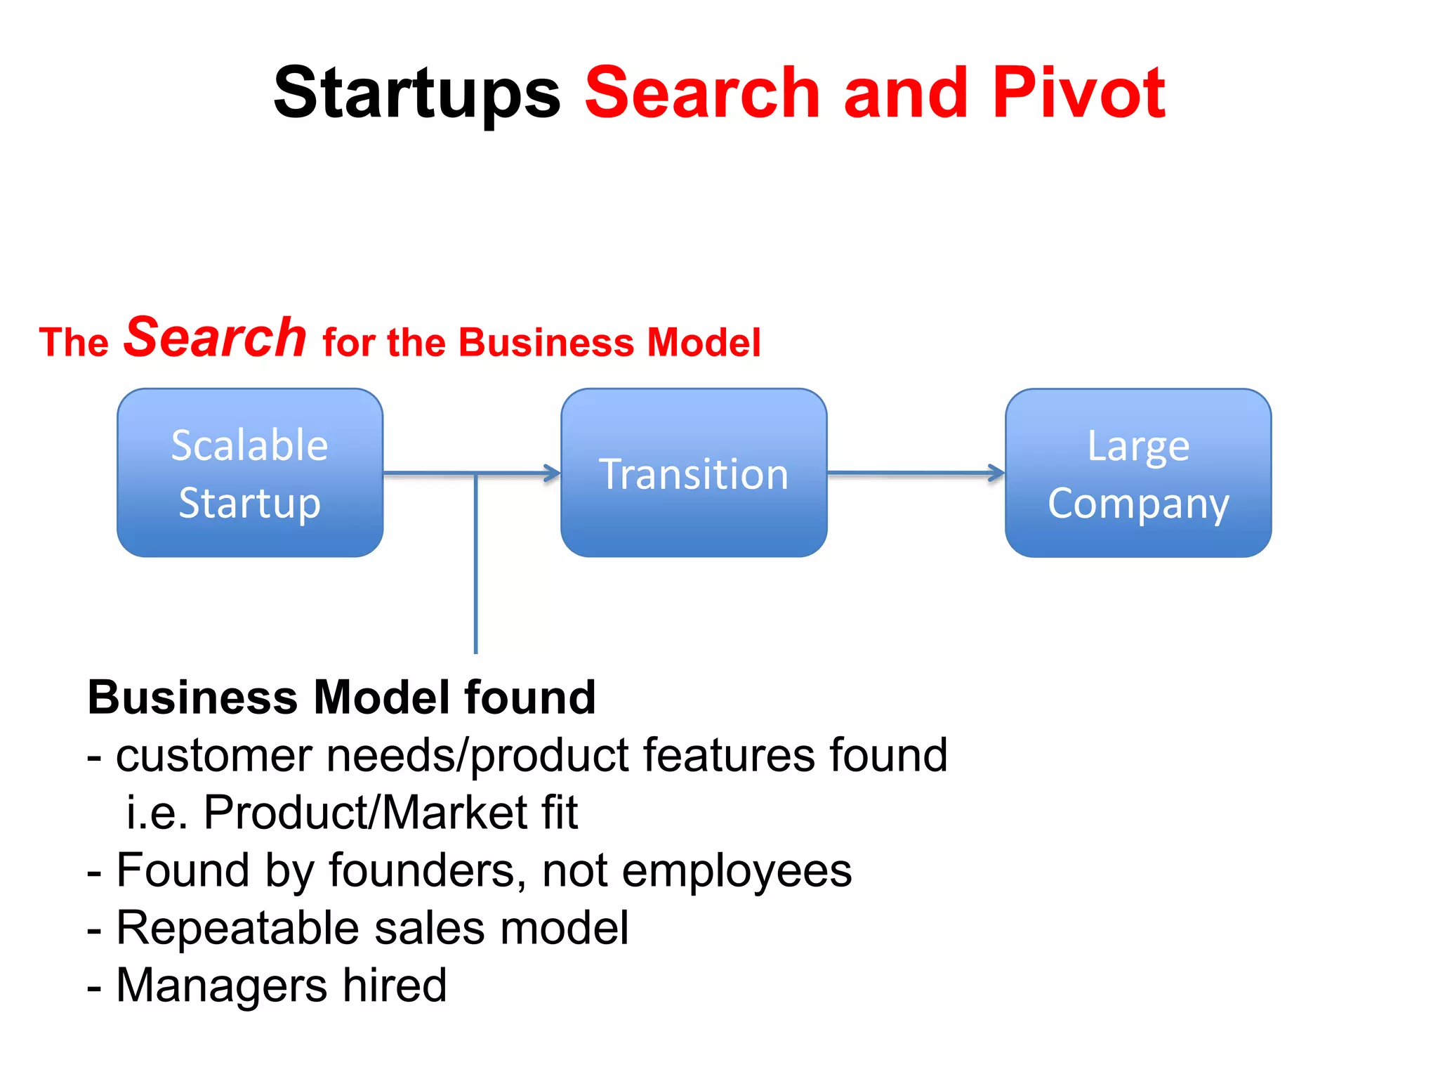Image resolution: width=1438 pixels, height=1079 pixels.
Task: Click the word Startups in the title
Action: click(x=417, y=93)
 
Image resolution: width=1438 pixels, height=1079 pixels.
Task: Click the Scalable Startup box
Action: click(x=250, y=473)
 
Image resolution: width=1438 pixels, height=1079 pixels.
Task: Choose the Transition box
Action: click(x=694, y=473)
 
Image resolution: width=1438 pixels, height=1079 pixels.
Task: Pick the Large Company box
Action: click(x=1137, y=473)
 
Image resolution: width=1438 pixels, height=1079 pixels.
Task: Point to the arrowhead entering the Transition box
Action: click(x=552, y=473)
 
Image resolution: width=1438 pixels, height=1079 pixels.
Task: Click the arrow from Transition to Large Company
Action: click(x=916, y=473)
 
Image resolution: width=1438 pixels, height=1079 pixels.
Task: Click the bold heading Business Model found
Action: click(x=341, y=698)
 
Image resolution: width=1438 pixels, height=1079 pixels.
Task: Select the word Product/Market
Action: click(x=365, y=813)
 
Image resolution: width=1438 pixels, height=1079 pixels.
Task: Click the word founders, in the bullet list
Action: click(x=428, y=870)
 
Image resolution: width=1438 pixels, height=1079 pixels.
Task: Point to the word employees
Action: click(x=737, y=872)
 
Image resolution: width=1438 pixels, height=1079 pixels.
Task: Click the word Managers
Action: click(x=222, y=986)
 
